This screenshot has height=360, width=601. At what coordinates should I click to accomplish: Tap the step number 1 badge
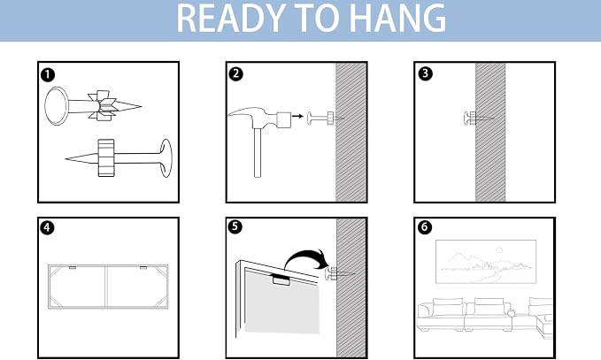tap(48, 74)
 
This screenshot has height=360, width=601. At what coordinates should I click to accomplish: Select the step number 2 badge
tap(235, 73)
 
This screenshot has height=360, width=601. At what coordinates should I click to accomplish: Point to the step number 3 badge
tap(425, 73)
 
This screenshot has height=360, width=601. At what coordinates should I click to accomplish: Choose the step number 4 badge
tap(47, 227)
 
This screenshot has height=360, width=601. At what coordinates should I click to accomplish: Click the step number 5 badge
tap(235, 226)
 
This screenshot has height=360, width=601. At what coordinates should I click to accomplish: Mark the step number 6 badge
tap(424, 227)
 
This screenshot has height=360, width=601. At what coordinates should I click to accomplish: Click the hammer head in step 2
tap(259, 118)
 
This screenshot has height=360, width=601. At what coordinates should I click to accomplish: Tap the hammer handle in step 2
tap(258, 152)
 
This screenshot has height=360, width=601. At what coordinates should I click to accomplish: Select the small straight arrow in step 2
tap(297, 116)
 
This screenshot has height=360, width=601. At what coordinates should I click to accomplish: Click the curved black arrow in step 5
tap(306, 257)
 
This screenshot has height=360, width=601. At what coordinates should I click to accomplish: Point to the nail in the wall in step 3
tap(478, 119)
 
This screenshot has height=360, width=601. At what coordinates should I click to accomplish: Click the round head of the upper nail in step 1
tap(57, 106)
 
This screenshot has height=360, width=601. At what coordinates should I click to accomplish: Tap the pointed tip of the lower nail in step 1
tap(65, 158)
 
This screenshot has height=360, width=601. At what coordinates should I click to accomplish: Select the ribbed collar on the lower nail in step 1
tap(106, 157)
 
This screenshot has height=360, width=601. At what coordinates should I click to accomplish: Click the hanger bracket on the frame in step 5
tap(282, 280)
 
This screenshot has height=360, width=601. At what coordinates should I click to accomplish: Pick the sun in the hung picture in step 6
tap(499, 250)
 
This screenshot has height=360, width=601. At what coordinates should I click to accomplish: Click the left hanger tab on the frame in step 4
tap(73, 267)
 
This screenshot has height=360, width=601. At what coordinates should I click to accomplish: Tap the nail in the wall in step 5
tap(339, 274)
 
